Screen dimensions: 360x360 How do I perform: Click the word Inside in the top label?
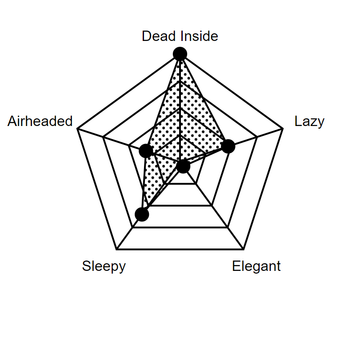click(x=199, y=36)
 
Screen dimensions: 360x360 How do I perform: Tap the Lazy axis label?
click(x=309, y=121)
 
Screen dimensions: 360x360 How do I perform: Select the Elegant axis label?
click(x=256, y=266)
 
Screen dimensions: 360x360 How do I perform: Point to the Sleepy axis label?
click(x=104, y=266)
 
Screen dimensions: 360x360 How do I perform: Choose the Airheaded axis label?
click(x=40, y=121)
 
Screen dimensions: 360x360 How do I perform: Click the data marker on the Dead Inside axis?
click(x=180, y=54)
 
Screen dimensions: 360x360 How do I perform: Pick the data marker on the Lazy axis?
click(x=228, y=146)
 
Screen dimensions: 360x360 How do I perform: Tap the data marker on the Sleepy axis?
click(x=142, y=215)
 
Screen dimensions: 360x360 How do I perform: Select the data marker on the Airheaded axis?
click(x=146, y=151)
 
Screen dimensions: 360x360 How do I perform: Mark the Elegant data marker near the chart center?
click(x=183, y=166)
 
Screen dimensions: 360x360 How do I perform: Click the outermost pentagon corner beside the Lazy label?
click(x=283, y=129)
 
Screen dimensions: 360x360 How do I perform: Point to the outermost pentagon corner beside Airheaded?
click(x=77, y=129)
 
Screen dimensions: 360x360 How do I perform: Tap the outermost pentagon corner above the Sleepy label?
click(x=117, y=249)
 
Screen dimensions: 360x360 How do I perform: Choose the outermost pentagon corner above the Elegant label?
click(x=243, y=249)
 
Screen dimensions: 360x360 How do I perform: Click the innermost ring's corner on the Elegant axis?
click(x=196, y=184)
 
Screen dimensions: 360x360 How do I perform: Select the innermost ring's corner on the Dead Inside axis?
click(x=180, y=135)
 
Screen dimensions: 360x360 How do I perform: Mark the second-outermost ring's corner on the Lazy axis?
click(x=257, y=137)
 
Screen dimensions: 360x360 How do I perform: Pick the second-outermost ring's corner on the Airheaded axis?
click(x=103, y=137)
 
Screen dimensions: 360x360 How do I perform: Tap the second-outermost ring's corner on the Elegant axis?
click(x=228, y=227)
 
